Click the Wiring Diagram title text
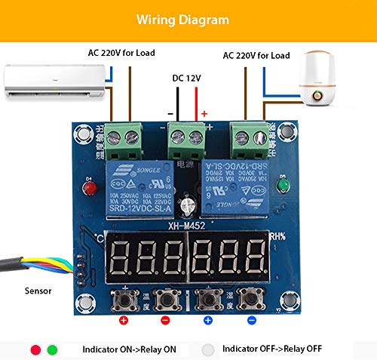[x=188, y=18]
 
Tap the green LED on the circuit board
[x=282, y=186]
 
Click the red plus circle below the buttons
[x=124, y=320]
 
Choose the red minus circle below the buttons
[x=165, y=320]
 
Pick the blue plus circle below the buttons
[x=208, y=320]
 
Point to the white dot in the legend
[x=209, y=349]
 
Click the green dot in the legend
[x=52, y=349]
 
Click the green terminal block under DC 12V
[x=187, y=138]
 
